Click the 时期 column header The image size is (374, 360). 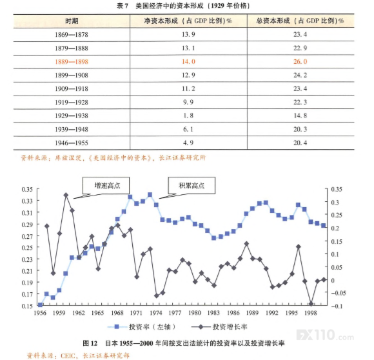coord(72,21)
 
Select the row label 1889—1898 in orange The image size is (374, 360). coord(72,62)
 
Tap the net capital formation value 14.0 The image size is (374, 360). coord(188,61)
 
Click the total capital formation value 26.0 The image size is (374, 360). coord(300,61)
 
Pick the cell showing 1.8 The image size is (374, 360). coord(188,115)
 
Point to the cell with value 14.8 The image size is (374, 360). coord(300,115)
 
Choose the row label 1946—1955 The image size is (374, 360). coord(72,143)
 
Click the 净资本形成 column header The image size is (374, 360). coord(188,21)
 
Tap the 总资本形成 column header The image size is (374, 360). coord(300,21)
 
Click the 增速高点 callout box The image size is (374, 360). coord(106,185)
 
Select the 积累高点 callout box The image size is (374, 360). coord(192,185)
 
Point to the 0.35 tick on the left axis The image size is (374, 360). coord(27,190)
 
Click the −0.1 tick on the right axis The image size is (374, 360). coord(337,306)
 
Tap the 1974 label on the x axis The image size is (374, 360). coord(156,313)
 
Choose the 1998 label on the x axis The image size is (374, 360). coord(310,313)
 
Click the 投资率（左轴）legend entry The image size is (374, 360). coord(142,326)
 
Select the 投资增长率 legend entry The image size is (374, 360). coord(219,326)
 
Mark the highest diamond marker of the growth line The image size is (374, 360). coord(66,195)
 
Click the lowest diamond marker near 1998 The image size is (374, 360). coord(311,304)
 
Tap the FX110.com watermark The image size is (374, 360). coord(325,335)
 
